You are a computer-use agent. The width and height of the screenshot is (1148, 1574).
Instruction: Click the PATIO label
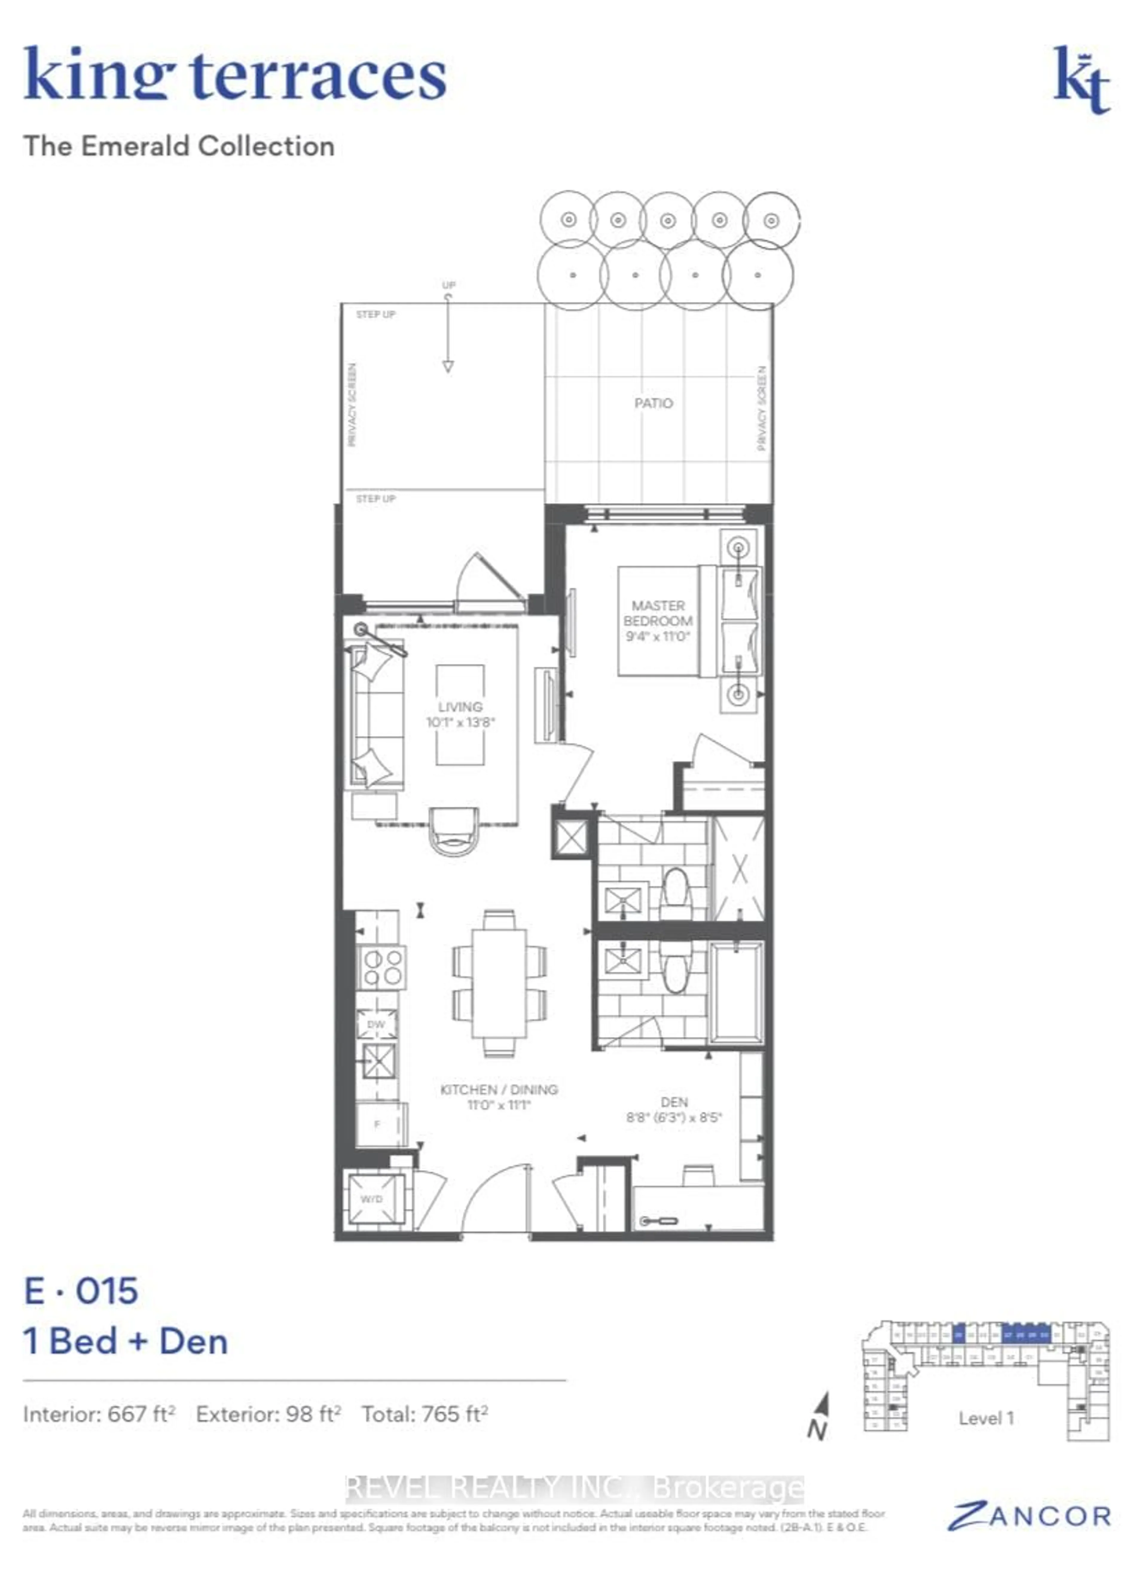tap(653, 403)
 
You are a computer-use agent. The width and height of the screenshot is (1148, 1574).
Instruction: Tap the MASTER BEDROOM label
tap(657, 614)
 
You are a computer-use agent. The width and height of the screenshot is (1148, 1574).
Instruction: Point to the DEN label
tap(674, 1102)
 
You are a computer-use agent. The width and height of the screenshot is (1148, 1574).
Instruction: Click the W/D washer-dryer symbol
tap(375, 1199)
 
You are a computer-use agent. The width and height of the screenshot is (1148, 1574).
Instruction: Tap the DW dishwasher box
tap(377, 1024)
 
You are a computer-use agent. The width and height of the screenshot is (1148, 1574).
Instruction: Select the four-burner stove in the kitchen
tap(381, 967)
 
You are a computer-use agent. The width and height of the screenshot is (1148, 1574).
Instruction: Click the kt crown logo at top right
tap(1082, 81)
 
